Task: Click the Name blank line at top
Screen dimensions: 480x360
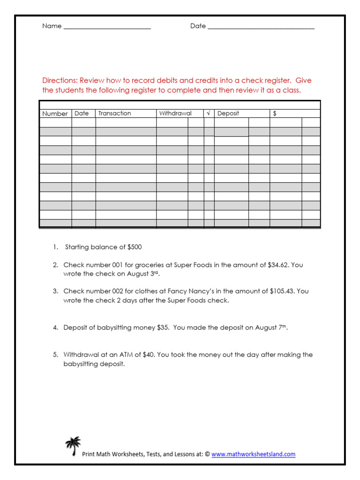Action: (107, 27)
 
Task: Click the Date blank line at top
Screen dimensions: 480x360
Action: (261, 27)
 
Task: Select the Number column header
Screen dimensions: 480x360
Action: (55, 113)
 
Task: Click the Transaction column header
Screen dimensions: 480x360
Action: (114, 113)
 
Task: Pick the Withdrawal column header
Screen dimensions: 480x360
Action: (175, 113)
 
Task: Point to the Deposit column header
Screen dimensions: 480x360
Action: (228, 113)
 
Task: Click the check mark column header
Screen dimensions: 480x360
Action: (209, 113)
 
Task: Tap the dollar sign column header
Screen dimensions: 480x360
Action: (275, 113)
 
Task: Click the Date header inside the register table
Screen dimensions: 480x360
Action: (82, 113)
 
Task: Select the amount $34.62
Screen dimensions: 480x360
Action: (278, 265)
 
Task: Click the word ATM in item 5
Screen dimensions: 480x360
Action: (127, 355)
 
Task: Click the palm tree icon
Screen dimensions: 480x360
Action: (73, 446)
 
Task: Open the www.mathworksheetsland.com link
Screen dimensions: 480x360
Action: (253, 454)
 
